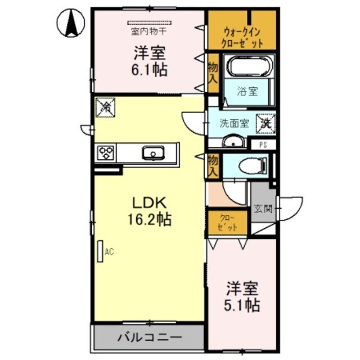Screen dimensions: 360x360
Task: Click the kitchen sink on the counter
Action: tap(151, 152)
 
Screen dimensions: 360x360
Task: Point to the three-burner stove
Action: tap(106, 152)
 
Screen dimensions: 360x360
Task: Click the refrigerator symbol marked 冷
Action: tap(105, 107)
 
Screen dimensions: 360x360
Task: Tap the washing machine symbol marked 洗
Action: tap(265, 121)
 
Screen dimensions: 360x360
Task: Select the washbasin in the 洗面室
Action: tap(232, 142)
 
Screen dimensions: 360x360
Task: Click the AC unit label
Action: tap(109, 253)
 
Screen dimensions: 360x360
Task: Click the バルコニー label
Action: tap(149, 338)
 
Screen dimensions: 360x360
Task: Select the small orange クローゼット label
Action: tap(228, 222)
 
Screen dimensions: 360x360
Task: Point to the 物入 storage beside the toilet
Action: tap(213, 166)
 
